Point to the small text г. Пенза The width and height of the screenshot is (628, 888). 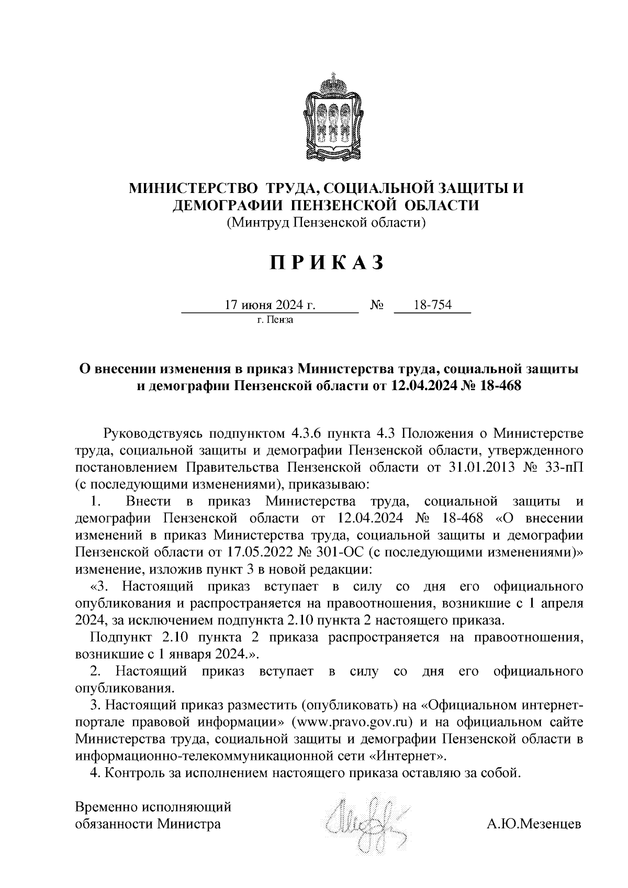pos(275,320)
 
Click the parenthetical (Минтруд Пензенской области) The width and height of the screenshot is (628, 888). pos(327,223)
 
